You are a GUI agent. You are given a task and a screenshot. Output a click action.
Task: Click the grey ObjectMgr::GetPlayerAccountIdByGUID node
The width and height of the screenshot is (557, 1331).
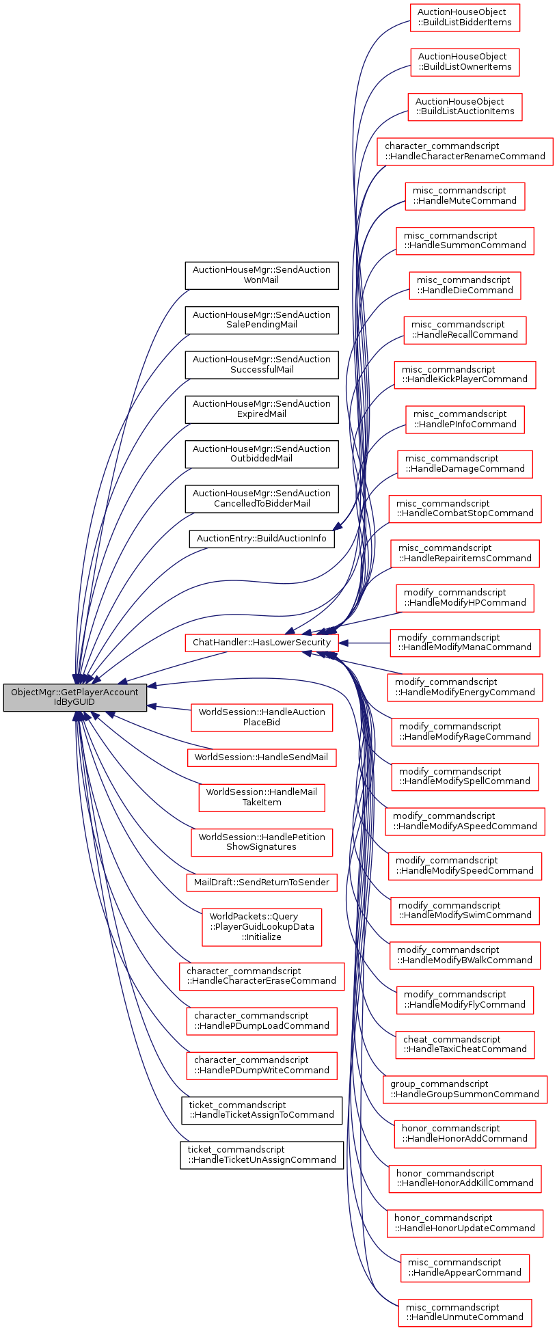tap(74, 697)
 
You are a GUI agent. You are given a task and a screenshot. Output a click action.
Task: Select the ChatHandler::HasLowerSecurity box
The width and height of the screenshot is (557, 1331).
tap(261, 642)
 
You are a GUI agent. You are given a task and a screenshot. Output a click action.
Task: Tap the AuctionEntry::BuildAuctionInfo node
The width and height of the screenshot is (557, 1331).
tap(261, 538)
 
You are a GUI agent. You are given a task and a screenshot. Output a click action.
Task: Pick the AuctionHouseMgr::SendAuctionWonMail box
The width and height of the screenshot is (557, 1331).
tap(261, 275)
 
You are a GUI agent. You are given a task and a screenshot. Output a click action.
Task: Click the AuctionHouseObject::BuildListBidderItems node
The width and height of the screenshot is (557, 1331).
tap(465, 17)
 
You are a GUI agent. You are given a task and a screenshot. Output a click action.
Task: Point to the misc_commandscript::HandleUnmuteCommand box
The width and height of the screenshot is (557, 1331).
tap(465, 1312)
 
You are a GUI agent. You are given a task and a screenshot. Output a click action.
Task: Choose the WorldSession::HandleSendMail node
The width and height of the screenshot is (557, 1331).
tap(261, 757)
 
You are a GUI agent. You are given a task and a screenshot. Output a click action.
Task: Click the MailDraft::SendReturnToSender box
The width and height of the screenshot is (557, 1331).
tap(261, 882)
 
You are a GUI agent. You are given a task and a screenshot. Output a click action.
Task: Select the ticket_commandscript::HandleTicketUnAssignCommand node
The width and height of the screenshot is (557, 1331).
tap(262, 1155)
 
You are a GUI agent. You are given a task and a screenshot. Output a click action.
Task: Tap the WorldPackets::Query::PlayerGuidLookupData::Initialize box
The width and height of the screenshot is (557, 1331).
tap(262, 926)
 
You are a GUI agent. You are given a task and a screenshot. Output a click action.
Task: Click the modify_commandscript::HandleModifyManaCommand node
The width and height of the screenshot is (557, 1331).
tap(465, 643)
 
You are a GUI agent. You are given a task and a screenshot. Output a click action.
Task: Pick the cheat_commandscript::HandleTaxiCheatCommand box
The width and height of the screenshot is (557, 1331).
tap(465, 1044)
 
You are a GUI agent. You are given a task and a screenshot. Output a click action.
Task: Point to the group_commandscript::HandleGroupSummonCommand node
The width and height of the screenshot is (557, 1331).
tap(465, 1089)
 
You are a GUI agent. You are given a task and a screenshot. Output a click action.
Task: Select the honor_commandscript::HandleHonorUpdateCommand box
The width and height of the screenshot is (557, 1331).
tap(465, 1223)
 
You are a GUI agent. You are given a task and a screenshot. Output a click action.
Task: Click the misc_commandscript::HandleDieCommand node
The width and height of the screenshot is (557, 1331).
tap(465, 285)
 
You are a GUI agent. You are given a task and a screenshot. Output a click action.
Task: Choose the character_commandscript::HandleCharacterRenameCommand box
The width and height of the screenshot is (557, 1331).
tap(465, 151)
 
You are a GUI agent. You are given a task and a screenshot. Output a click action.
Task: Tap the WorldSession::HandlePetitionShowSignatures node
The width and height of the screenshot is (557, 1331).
tap(262, 842)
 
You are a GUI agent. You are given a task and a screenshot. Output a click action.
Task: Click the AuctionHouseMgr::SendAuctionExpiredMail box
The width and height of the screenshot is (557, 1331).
tap(261, 409)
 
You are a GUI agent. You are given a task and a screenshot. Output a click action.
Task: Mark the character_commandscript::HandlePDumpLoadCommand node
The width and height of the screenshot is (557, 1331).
tap(262, 1021)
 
